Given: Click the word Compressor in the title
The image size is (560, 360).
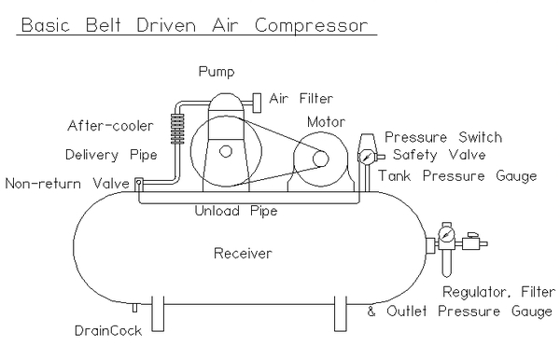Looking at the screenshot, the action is pos(311,26).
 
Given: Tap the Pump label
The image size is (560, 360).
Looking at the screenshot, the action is pos(217,72).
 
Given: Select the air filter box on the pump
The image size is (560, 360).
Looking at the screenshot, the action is pos(257,103).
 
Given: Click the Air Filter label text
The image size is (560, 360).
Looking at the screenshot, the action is pos(301,98).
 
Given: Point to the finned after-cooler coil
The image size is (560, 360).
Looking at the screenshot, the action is pos(177,129).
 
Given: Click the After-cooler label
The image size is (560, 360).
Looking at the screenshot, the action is pos(110,126).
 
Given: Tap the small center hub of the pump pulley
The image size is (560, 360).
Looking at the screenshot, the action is pos(225,151).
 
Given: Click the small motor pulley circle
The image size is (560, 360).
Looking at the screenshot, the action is pos(320,159).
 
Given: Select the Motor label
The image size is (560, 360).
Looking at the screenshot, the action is pos(326,122).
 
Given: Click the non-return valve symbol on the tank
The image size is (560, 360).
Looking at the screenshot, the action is pos(139,183).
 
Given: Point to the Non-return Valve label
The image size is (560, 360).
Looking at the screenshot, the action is pos(67,184).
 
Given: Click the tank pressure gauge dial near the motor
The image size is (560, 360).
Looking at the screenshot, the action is pos(366,157).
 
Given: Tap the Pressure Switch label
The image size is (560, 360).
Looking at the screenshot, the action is pos(443,137).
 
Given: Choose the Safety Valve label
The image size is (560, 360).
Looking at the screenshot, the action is pos(440,155).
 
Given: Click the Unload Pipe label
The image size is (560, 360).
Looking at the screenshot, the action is pos(236,211).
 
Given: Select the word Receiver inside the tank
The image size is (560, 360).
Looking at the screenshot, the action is pos(243,254).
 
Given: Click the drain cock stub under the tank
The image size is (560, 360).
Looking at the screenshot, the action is pos(134,307).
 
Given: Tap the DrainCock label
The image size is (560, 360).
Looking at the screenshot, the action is pos(108,331).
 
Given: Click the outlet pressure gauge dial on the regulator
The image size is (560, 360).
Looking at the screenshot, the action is pos(446,234).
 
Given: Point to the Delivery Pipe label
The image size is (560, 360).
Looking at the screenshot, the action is pos(111,155).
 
